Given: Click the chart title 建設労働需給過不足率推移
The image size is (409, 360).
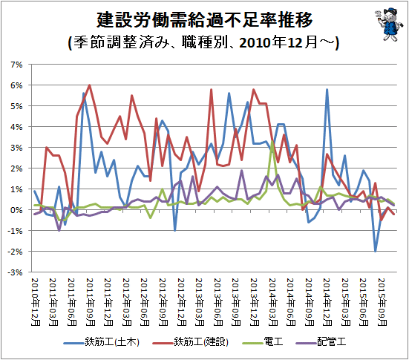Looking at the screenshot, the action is coord(205,20).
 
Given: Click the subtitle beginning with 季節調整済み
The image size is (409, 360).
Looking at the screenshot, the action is coord(204,42).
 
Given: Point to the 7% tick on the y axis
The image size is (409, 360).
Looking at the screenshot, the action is coord(16,65).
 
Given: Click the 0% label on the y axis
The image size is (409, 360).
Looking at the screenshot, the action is coord(16,210).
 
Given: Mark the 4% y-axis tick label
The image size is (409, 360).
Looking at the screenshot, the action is coord(16,127).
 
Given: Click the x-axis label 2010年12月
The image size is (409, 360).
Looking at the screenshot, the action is coord(36,302).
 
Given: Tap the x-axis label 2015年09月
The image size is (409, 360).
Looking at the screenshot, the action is coord(382,302).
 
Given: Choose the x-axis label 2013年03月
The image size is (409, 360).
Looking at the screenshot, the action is coord(200,302).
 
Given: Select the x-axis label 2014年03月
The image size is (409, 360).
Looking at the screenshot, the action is coord(272,302).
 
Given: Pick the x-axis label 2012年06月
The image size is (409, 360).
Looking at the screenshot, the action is coord(145,302).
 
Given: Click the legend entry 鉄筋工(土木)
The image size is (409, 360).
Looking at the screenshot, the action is coord(101,341).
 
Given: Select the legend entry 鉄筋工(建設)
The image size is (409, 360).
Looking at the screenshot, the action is coord(190,341).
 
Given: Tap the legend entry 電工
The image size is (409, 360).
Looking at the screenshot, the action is coord(263,341).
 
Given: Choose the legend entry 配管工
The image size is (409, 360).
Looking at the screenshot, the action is coord(321,341).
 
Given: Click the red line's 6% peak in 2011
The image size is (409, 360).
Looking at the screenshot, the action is coord(90,85).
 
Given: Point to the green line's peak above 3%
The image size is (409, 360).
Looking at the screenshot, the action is coord(272,141).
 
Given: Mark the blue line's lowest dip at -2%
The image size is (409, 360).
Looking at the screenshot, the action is coord(376,251).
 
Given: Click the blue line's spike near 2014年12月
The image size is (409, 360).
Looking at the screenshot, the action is coord(327,90).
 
